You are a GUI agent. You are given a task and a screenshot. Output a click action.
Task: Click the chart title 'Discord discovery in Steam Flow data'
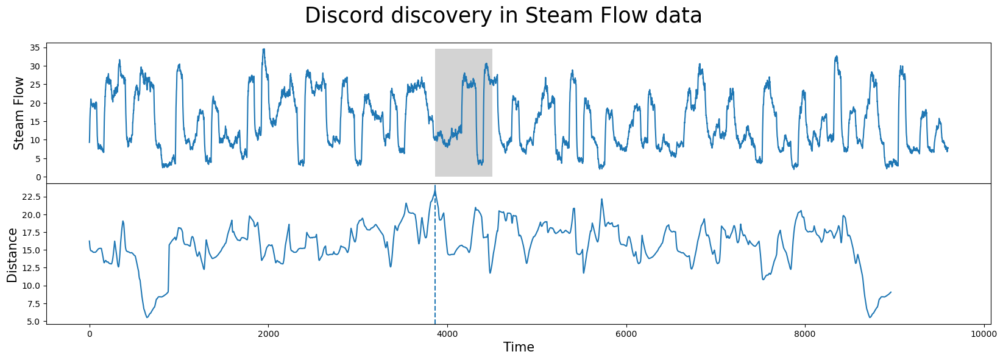(x=503, y=16)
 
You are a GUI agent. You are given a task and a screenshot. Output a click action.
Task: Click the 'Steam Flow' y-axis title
(x=19, y=113)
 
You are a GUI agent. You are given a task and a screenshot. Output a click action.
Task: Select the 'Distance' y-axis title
(x=12, y=255)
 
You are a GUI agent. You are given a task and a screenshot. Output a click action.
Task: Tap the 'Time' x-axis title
(x=519, y=347)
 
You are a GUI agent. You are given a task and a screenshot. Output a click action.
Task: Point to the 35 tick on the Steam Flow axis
(x=35, y=48)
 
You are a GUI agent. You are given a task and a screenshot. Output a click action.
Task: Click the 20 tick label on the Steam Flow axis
(x=35, y=103)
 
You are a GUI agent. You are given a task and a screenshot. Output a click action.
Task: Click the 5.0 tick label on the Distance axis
(x=33, y=322)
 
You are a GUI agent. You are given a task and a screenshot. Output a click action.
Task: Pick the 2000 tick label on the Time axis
(x=268, y=334)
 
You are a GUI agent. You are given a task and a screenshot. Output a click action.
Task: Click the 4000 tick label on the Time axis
(x=447, y=334)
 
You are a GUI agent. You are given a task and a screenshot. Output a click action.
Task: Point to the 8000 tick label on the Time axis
(x=805, y=334)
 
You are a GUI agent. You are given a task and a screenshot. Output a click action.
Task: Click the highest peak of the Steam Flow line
(x=263, y=49)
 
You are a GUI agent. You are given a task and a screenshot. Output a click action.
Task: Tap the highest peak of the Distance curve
(x=435, y=186)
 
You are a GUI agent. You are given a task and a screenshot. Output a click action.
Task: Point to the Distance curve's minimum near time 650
(x=147, y=317)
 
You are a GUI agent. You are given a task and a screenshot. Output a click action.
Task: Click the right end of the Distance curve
(x=891, y=292)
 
